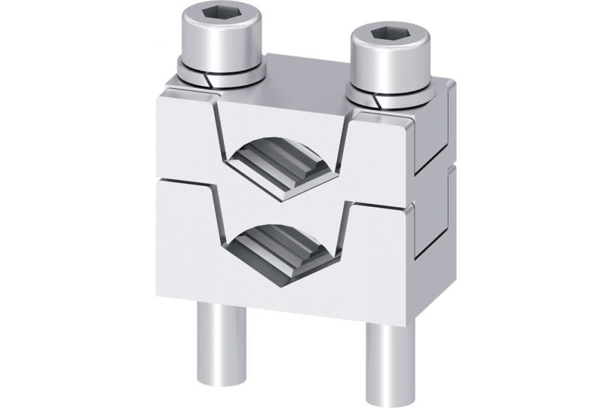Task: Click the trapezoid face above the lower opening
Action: click(x=282, y=211)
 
